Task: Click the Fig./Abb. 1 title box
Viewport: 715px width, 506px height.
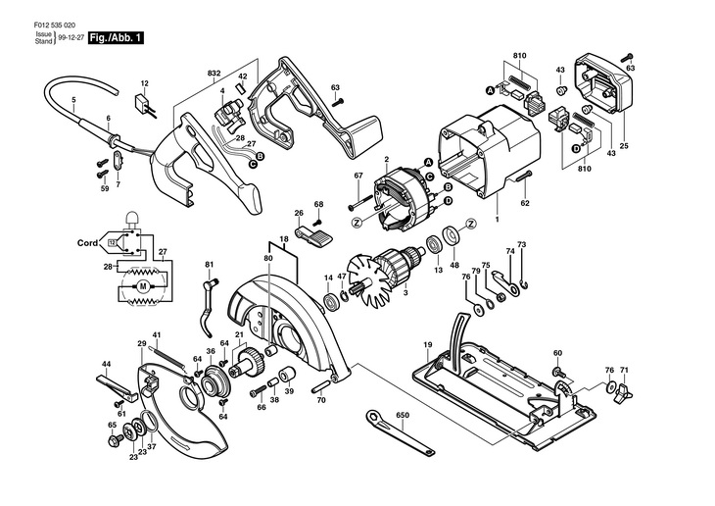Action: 116,38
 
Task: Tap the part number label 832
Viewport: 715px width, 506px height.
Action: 214,74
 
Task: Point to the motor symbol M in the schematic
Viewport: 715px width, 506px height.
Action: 144,286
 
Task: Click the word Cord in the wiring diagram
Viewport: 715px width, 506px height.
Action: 87,243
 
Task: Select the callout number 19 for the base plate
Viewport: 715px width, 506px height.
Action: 427,345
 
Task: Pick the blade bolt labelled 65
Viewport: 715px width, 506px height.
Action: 114,440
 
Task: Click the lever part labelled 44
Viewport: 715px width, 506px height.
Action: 117,387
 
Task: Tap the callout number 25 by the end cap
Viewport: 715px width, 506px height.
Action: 624,146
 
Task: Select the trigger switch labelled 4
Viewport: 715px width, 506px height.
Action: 230,115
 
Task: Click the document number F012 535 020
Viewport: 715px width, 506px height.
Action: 55,25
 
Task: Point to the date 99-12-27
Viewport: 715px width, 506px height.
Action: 71,38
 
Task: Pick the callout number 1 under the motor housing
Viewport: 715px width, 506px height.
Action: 497,220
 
